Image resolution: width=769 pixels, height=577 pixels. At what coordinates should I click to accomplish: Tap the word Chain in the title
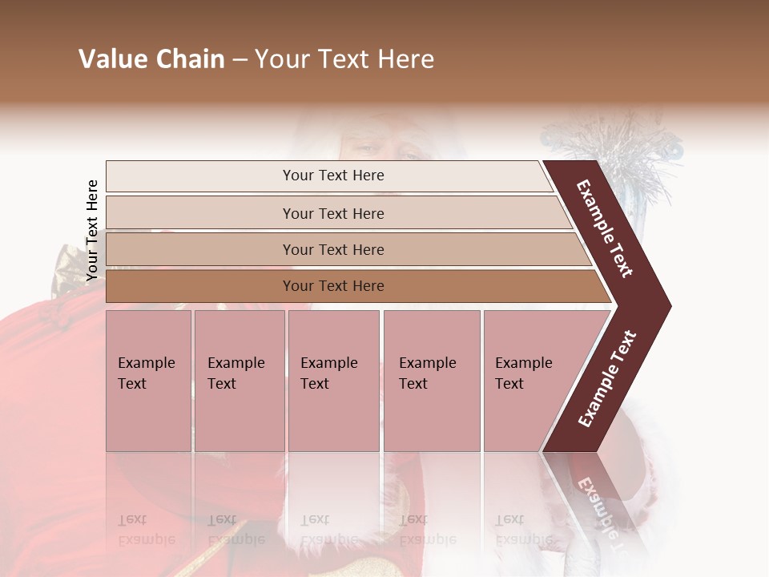pyautogui.click(x=191, y=59)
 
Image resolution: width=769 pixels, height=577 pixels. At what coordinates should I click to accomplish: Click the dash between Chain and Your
pyautogui.click(x=240, y=60)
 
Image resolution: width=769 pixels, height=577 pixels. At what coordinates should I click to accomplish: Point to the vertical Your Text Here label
pyautogui.click(x=92, y=230)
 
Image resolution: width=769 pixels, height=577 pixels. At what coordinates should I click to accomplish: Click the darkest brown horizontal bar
pyautogui.click(x=352, y=286)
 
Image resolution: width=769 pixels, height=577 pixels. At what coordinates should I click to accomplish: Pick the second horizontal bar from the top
pyautogui.click(x=336, y=213)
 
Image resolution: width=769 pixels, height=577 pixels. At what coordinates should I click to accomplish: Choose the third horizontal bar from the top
pyautogui.click(x=344, y=249)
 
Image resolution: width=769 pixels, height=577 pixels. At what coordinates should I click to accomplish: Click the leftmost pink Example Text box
pyautogui.click(x=148, y=381)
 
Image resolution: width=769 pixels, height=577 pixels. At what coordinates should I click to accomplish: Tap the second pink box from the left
pyautogui.click(x=239, y=381)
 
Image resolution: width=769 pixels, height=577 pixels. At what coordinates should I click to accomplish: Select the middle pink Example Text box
pyautogui.click(x=333, y=381)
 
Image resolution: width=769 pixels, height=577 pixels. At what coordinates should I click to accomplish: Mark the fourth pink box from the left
pyautogui.click(x=432, y=381)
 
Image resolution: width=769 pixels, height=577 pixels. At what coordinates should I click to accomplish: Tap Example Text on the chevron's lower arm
pyautogui.click(x=607, y=378)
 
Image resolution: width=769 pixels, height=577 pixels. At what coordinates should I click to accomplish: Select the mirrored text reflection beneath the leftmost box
pyautogui.click(x=146, y=530)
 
